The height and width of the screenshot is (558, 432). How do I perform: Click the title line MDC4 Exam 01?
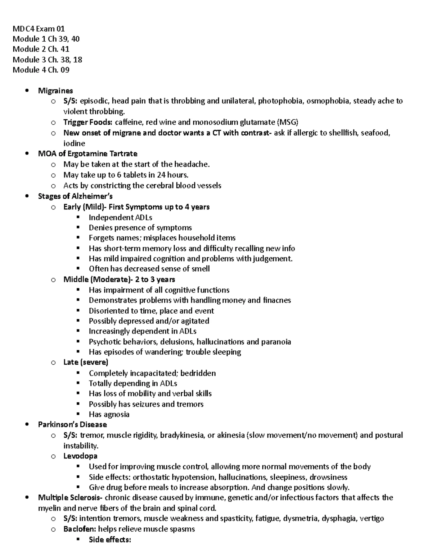(x=39, y=28)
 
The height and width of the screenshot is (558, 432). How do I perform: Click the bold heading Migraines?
(x=55, y=91)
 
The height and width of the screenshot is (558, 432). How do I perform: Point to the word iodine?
(x=74, y=143)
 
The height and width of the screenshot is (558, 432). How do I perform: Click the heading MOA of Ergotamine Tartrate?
(x=87, y=154)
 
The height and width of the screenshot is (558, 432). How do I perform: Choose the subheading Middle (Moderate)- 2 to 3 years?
(x=119, y=279)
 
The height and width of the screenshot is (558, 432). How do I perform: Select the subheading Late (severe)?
(x=86, y=362)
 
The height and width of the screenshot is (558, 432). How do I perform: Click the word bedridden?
(x=199, y=373)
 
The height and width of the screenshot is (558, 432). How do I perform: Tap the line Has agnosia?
(x=109, y=414)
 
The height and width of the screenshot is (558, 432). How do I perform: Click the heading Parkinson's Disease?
(x=72, y=425)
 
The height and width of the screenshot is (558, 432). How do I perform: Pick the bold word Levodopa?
(x=80, y=456)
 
